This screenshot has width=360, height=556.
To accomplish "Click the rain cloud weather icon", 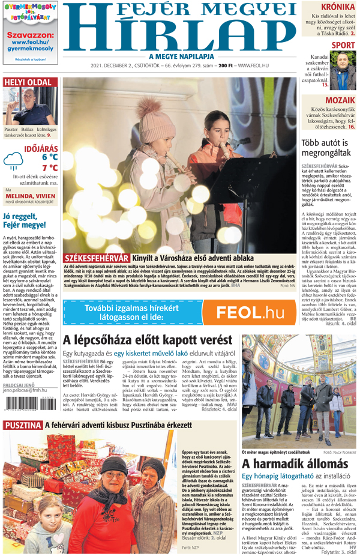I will pyautogui.click(x=13, y=159).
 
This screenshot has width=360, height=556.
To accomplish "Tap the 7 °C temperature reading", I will pyautogui.click(x=49, y=168).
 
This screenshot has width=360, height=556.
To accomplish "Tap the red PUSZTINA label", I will pyautogui.click(x=22, y=425).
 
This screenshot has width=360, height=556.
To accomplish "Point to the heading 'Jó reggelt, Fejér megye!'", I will pyautogui.click(x=24, y=220).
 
